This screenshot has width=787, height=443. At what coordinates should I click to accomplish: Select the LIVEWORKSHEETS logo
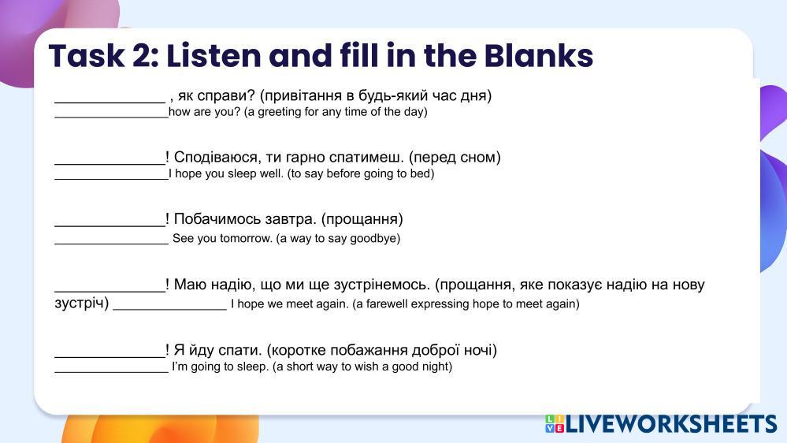(661, 424)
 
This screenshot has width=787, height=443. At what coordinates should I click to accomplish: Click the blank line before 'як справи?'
(110, 102)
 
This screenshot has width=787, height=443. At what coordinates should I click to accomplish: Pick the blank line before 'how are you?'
(111, 117)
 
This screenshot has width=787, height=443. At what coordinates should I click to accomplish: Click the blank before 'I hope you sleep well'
(111, 179)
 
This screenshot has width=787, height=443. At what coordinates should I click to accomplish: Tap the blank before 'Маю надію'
(110, 292)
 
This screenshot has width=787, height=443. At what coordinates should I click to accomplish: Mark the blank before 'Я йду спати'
(110, 357)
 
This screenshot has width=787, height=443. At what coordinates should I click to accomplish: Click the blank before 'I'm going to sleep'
(111, 372)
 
